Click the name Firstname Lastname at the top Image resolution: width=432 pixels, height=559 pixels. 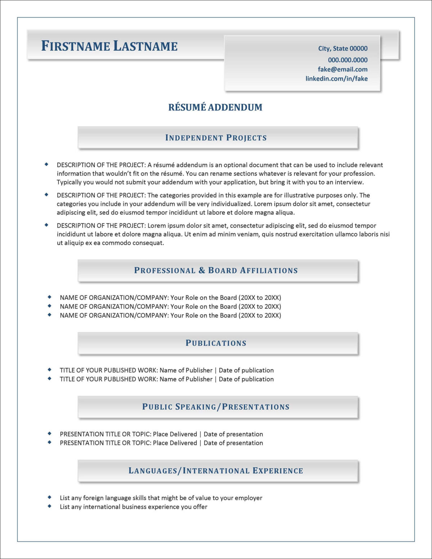tap(109, 46)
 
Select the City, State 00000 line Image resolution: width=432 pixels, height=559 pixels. tap(343, 49)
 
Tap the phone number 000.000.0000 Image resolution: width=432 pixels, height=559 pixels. tap(347, 60)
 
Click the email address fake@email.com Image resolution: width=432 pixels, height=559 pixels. tap(342, 69)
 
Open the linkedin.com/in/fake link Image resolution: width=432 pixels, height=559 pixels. tap(336, 78)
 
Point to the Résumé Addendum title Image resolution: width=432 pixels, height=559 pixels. tap(215, 107)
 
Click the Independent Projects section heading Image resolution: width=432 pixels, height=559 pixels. tap(216, 138)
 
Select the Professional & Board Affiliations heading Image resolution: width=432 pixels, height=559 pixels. tap(216, 271)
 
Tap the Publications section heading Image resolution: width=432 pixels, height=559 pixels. tap(216, 343)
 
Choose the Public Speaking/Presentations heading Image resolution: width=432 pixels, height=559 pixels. tap(216, 407)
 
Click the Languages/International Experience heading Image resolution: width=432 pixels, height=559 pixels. tap(216, 471)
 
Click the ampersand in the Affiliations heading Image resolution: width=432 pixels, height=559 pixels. tap(202, 271)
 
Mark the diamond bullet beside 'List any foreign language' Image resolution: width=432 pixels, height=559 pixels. tap(50, 497)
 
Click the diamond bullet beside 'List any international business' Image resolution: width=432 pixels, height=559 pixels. tap(50, 506)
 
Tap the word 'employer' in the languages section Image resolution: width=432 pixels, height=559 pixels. tap(248, 498)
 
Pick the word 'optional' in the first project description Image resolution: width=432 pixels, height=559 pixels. tap(235, 165)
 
